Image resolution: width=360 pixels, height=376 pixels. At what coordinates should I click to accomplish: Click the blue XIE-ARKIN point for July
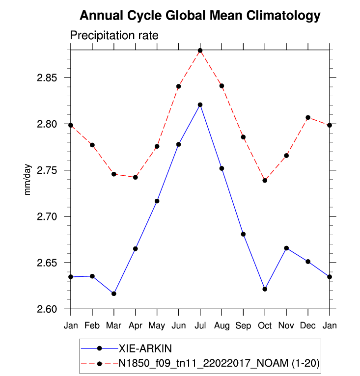(x=200, y=105)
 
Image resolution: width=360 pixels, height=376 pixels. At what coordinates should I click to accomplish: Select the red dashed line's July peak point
(x=200, y=51)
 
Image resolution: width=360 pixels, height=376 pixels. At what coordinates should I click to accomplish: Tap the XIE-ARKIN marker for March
(x=114, y=294)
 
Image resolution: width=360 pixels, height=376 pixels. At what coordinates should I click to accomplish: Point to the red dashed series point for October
(x=265, y=180)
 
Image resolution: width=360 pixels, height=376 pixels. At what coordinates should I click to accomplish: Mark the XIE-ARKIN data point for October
(x=265, y=289)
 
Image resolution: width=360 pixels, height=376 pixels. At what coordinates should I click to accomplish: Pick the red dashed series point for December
(x=308, y=117)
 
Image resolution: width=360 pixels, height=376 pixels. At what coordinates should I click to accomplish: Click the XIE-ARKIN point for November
(x=286, y=248)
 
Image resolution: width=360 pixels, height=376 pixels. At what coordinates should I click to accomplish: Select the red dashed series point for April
(x=136, y=177)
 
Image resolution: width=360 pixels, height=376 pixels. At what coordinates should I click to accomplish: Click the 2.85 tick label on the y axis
(x=47, y=78)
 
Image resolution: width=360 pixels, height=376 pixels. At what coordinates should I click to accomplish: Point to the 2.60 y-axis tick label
(x=47, y=309)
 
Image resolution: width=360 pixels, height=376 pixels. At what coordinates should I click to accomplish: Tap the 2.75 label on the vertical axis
(x=47, y=170)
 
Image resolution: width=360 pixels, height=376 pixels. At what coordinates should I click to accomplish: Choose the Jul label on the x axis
(x=200, y=326)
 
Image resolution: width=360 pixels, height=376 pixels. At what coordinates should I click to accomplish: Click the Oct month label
(x=265, y=326)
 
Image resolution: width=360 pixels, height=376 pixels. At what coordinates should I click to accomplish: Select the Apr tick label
(x=136, y=326)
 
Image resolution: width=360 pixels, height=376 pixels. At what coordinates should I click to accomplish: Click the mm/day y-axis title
(x=28, y=180)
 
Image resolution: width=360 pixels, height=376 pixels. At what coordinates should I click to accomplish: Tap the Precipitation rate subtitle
(x=114, y=36)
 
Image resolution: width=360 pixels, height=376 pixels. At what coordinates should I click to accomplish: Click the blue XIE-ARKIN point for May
(x=157, y=201)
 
